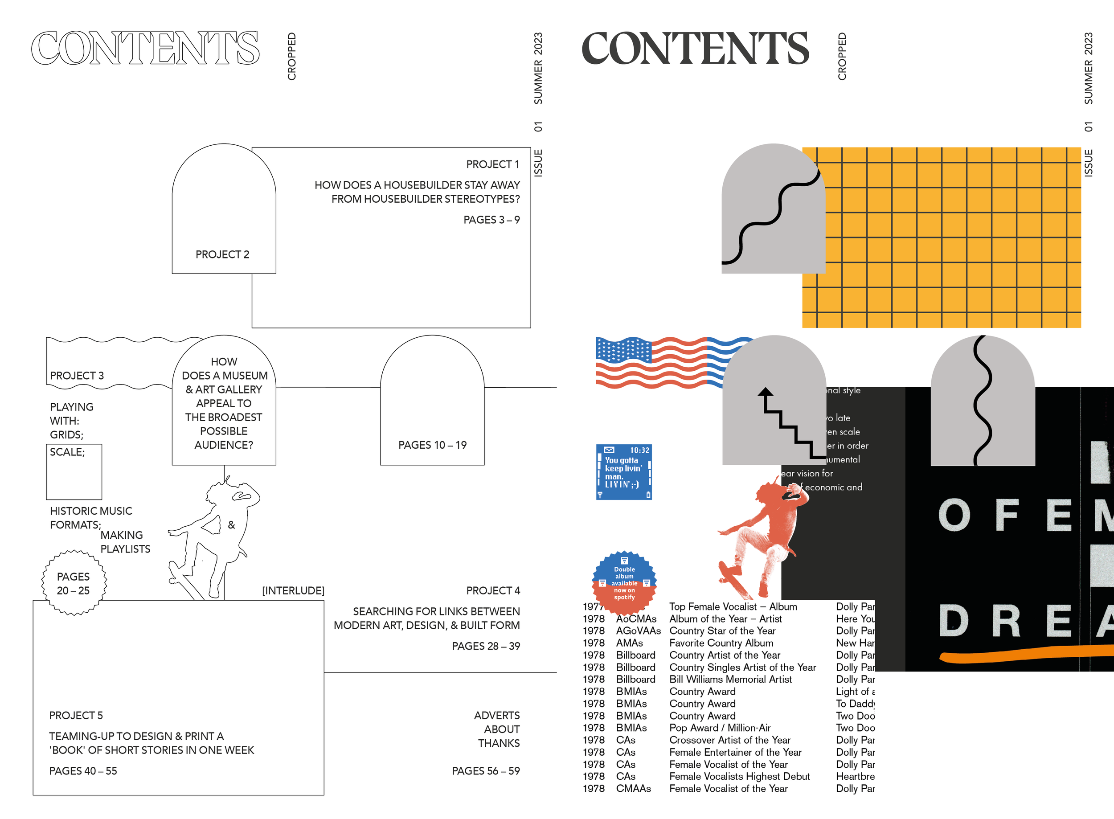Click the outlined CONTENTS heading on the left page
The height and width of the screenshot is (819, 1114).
click(145, 48)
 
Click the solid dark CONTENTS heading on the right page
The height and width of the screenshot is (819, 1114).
click(695, 48)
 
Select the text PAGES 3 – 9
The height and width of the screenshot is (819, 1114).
click(491, 220)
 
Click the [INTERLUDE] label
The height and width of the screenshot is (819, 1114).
click(293, 590)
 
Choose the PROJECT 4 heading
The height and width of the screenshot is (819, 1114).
click(493, 590)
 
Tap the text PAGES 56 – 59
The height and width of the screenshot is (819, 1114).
click(485, 771)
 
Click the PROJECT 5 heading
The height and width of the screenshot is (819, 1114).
click(76, 715)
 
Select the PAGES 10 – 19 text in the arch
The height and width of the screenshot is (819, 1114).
click(432, 445)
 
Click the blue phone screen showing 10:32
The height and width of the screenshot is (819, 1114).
click(624, 471)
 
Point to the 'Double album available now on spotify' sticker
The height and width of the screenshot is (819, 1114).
click(624, 582)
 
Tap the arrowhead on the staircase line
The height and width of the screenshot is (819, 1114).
click(766, 392)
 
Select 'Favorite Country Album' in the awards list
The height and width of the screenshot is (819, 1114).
click(721, 643)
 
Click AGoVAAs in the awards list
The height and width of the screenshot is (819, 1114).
click(638, 631)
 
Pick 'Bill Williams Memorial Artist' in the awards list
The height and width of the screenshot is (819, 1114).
click(730, 679)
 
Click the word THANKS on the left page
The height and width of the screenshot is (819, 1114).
click(499, 743)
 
